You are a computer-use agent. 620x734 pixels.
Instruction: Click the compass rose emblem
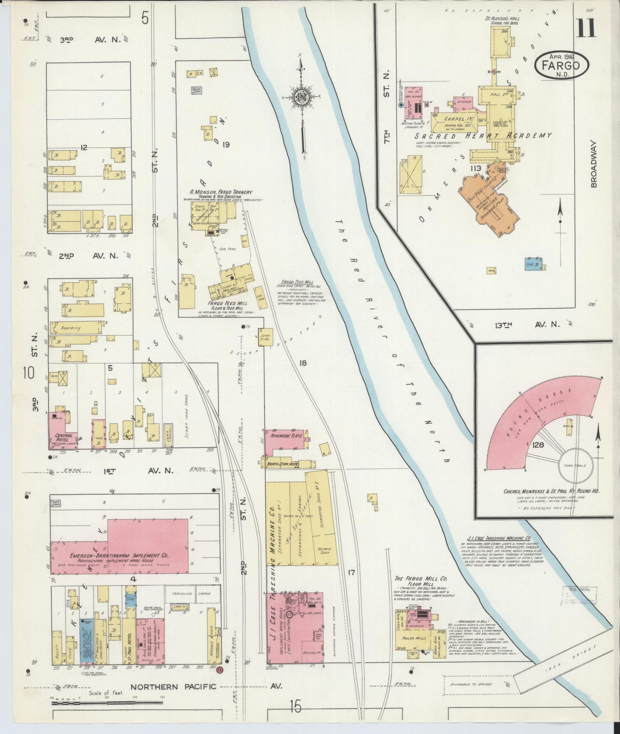(302, 98)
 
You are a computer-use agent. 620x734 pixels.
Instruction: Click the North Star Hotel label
(283, 464)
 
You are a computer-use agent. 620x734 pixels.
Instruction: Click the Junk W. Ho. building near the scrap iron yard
(265, 336)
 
